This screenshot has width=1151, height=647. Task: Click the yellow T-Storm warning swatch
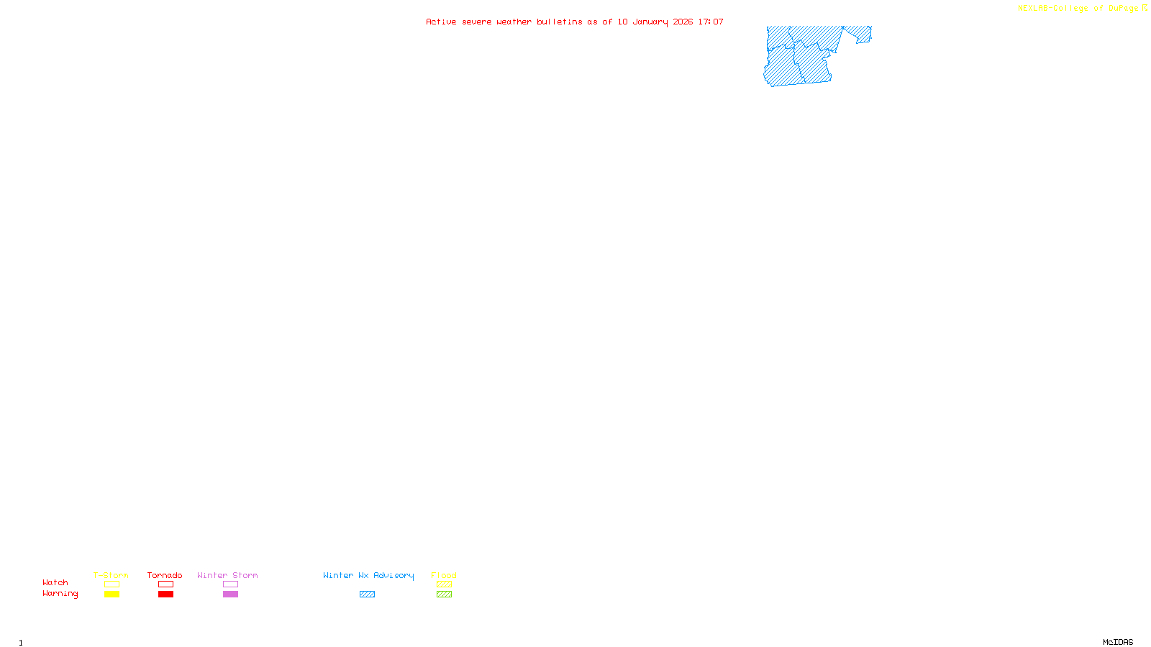[112, 595]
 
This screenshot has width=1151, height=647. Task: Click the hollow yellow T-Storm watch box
[112, 584]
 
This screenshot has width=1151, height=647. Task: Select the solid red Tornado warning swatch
[165, 595]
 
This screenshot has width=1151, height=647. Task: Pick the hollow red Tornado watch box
[165, 584]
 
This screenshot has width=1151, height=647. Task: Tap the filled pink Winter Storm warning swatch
[230, 595]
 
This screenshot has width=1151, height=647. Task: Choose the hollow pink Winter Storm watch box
[230, 584]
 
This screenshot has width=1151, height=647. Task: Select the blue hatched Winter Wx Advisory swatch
[367, 595]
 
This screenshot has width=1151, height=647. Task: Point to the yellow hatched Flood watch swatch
[444, 584]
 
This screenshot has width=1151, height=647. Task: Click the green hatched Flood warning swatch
[444, 595]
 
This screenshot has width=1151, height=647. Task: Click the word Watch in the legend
[55, 583]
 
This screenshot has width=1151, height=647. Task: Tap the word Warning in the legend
[60, 594]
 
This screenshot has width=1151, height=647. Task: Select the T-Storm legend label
[111, 575]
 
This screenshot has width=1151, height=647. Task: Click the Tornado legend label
[165, 575]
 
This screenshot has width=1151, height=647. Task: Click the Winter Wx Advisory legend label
[368, 575]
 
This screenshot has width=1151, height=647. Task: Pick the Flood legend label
[444, 575]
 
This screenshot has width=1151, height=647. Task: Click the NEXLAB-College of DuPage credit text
[1078, 9]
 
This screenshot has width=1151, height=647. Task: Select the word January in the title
[650, 22]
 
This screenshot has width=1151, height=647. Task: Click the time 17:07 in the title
[711, 22]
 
